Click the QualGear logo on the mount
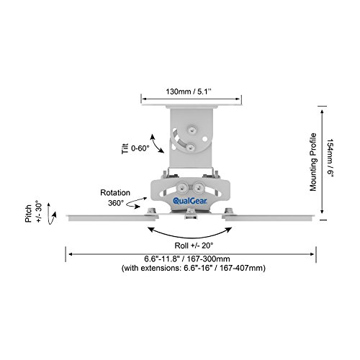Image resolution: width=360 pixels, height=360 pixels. pos(190,201)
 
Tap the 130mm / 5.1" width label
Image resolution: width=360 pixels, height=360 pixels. pos(189,91)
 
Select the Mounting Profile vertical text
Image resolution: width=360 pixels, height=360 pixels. pos(313,162)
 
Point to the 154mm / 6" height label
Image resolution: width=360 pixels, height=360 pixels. pos(330,158)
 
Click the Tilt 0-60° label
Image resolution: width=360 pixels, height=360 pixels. pos(135,148)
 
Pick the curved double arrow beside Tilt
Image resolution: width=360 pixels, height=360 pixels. pos(157,143)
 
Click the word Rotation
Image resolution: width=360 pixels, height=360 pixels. pos(115,192)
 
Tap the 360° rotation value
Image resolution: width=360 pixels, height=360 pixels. pos(116,203)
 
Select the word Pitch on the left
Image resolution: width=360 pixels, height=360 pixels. pos(29,213)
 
